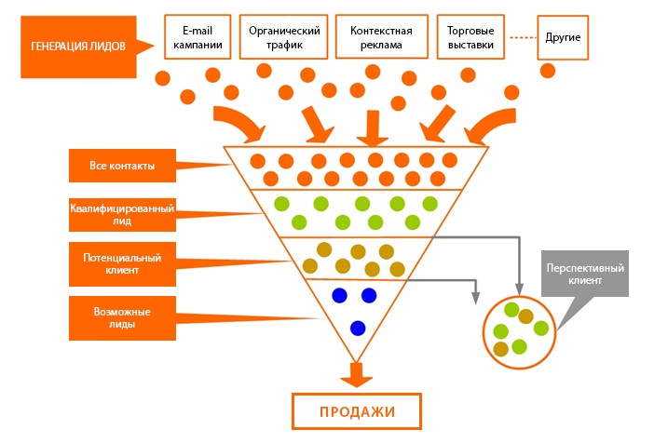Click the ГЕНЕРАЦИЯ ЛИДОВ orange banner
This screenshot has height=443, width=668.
pos(79,47)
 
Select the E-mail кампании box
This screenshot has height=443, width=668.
pos(198,37)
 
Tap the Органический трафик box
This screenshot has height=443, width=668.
pos(284,37)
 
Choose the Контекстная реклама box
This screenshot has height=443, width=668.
pos(382,37)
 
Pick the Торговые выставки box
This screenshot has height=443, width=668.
pos(470,37)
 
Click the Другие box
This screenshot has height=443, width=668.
pos(563,37)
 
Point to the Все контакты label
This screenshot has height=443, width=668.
pos(122,166)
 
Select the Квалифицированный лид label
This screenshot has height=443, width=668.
pos(122,214)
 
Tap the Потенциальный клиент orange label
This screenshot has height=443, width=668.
pos(122,263)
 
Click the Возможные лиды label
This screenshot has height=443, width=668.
pos(122,318)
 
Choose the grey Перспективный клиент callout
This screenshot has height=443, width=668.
pos(585,274)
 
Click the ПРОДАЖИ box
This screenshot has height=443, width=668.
pos(357,411)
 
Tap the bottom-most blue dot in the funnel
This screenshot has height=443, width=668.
pos(358,329)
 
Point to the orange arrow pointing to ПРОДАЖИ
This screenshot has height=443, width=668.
pos(357,374)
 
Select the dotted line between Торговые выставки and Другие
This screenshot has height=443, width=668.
pos(524,37)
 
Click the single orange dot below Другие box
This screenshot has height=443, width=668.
pos(548,71)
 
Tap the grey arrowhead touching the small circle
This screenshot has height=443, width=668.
pos(519,289)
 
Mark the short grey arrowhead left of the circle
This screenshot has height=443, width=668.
pos(476,299)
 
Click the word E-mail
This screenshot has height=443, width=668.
pos(198,31)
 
